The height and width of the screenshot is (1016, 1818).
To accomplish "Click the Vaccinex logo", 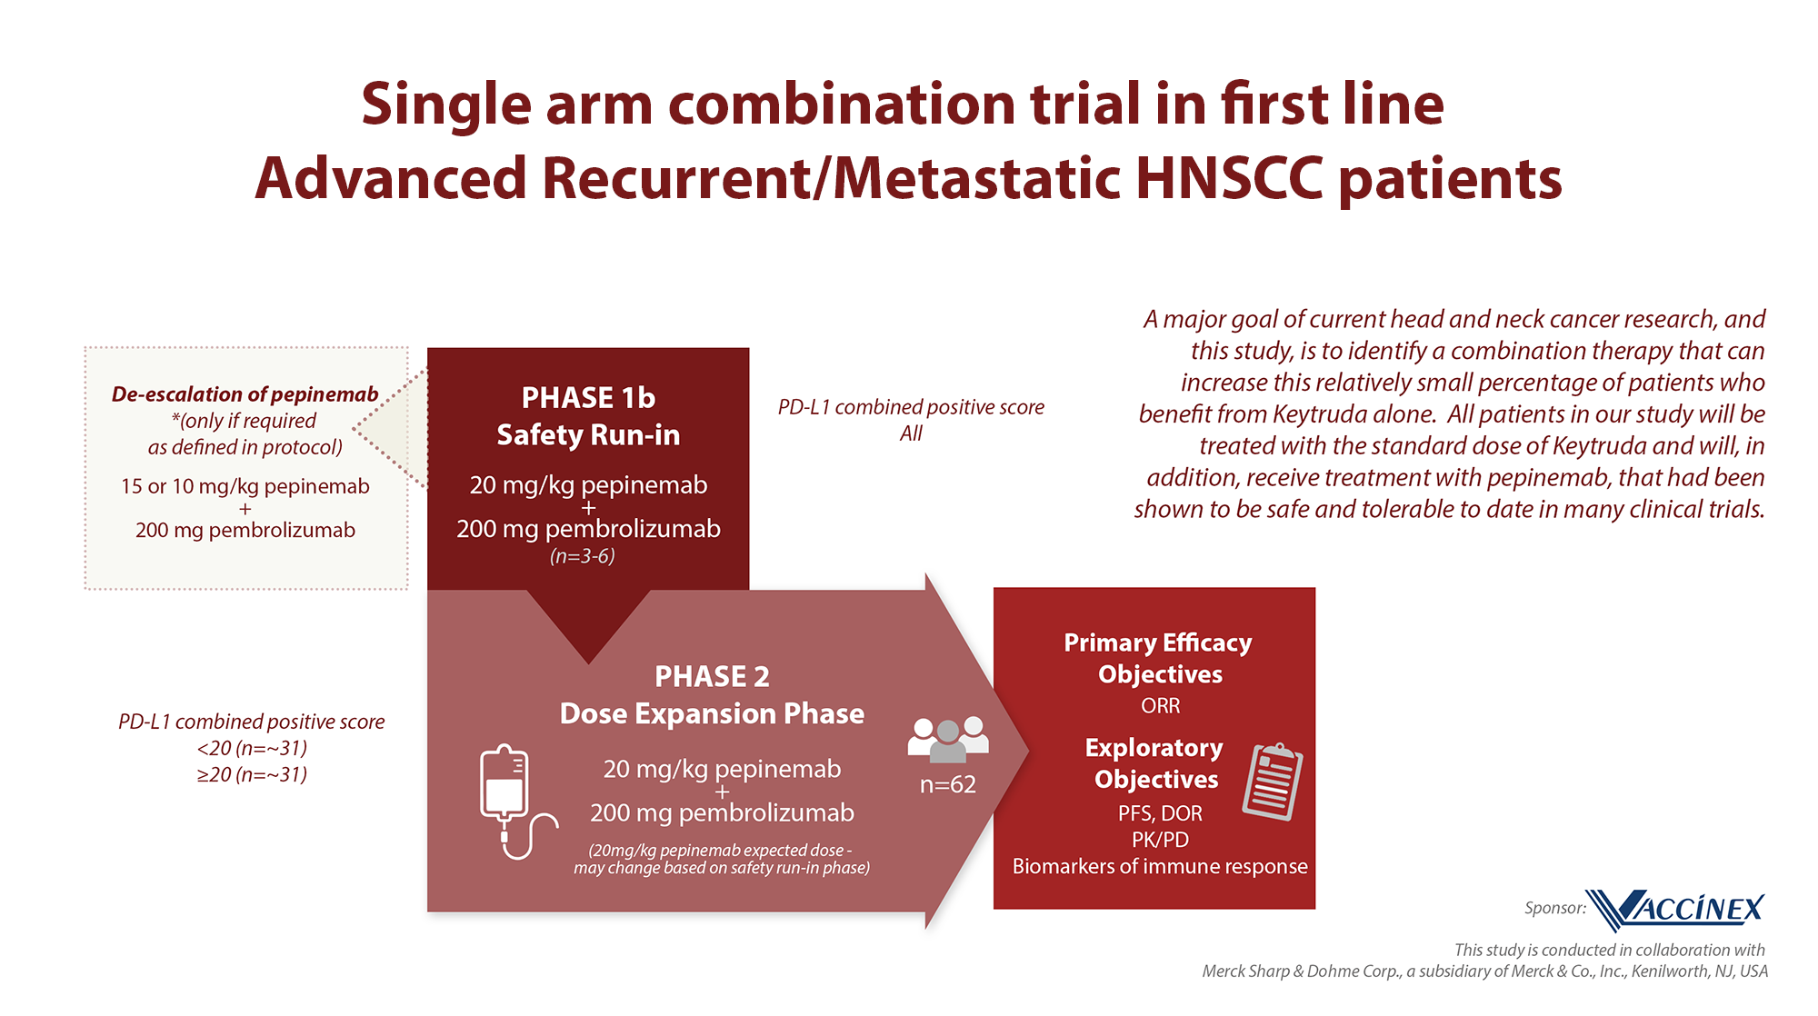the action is coord(1678,909).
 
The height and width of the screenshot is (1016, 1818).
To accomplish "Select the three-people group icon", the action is coord(948,739).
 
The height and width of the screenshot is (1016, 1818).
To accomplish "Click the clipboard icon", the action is coord(1273,781).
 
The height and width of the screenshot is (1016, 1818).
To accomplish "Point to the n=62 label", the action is coord(948,784).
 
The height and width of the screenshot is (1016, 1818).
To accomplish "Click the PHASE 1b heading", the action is coord(588,397).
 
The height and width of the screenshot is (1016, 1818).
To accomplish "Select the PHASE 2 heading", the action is coord(712,676).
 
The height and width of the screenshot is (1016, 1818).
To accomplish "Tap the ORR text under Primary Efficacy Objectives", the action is coord(1160,705).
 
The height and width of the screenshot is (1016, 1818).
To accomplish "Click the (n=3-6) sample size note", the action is coord(583,556).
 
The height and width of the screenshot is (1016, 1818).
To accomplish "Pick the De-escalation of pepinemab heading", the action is coord(245,394).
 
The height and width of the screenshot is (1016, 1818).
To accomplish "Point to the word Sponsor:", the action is coord(1555,908).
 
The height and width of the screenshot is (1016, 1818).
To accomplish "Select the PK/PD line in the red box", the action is coord(1160,840).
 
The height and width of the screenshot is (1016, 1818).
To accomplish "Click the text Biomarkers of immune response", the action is coord(1160,866).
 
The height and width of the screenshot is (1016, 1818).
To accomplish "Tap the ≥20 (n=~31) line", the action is coord(252,774).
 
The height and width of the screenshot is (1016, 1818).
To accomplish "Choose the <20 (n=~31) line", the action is coord(252,748).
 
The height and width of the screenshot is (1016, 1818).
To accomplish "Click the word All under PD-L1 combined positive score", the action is coord(911,433).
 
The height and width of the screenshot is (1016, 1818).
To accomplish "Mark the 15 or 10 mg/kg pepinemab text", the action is coord(245,486).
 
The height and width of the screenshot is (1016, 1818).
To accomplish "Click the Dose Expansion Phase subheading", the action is coord(712,713).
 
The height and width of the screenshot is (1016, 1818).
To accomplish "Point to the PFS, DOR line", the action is coord(1160,813).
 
